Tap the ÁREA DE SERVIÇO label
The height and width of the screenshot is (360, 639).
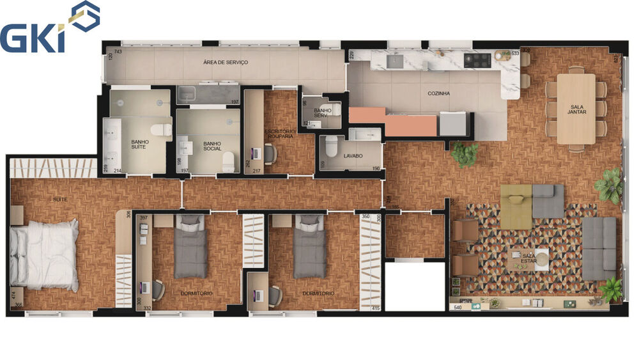pyautogui.click(x=225, y=62)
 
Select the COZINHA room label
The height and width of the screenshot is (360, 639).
pyautogui.click(x=438, y=93)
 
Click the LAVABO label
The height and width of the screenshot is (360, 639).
pyautogui.click(x=353, y=155)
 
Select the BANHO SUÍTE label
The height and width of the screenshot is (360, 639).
pyautogui.click(x=140, y=145)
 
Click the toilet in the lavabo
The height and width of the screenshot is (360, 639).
pyautogui.click(x=330, y=146)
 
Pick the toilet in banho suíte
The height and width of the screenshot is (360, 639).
pyautogui.click(x=165, y=130)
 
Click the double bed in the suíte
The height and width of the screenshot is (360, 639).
pyautogui.click(x=43, y=251)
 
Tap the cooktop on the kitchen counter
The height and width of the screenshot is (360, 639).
pyautogui.click(x=477, y=60)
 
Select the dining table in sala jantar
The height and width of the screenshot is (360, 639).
pyautogui.click(x=576, y=109)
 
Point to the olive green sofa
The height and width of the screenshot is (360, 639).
pyautogui.click(x=516, y=206)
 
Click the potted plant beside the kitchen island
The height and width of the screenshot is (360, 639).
pyautogui.click(x=465, y=153)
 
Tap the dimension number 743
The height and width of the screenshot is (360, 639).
pyautogui.click(x=118, y=51)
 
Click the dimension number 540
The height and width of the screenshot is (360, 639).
pyautogui.click(x=458, y=308)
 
